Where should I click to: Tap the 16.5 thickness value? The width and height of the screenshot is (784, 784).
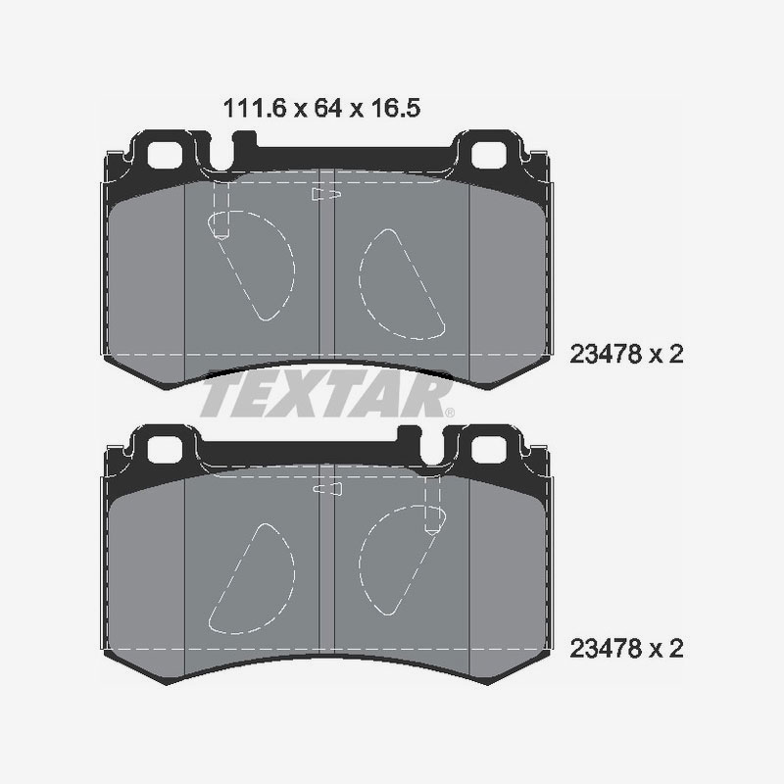coord(397,109)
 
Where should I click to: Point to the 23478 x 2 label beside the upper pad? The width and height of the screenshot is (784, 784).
coord(624,355)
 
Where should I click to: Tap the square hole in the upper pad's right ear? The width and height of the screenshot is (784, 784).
coord(488,154)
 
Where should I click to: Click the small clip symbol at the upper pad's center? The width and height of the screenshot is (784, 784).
coord(325,196)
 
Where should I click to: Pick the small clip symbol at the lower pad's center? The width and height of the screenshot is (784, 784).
coord(325,489)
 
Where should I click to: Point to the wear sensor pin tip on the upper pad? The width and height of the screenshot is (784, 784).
coord(221,233)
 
